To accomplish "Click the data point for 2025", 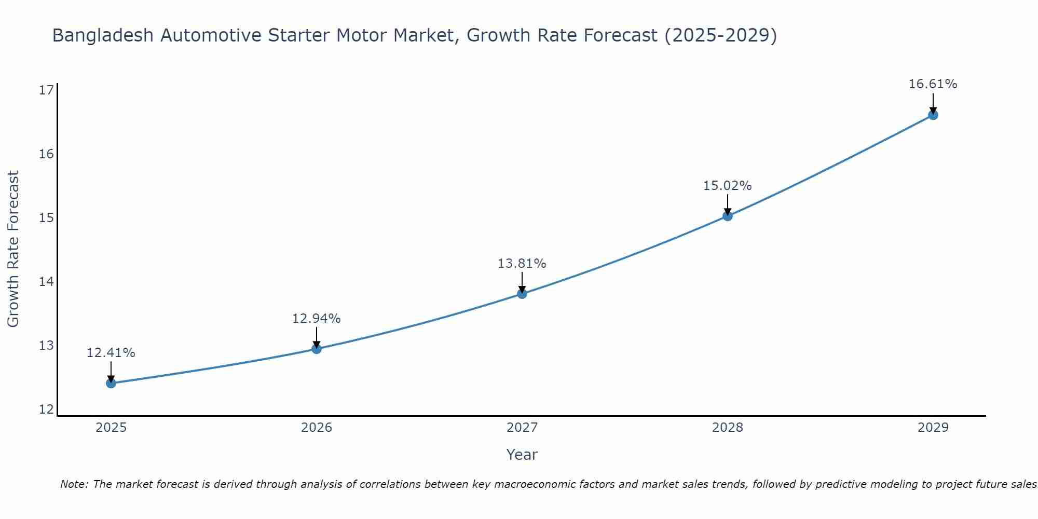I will [x=111, y=384].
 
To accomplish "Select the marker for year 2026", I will [x=317, y=349].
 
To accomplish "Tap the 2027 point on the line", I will [x=522, y=294].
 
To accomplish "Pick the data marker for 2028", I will [x=728, y=216].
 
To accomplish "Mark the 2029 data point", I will [x=933, y=115].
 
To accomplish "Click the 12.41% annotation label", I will [x=111, y=353].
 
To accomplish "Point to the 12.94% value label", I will [x=316, y=319].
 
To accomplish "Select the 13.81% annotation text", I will [x=522, y=264].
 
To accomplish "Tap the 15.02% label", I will [x=727, y=186].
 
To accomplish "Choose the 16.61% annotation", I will [x=933, y=84].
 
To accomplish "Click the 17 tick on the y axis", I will [x=47, y=90].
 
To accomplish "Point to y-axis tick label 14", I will [x=47, y=282].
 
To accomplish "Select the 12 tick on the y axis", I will [x=47, y=409].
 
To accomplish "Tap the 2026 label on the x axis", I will [x=317, y=428].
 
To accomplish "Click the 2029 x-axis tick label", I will [x=933, y=428].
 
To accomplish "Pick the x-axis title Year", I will [x=522, y=455].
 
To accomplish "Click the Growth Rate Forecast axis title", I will [x=13, y=249].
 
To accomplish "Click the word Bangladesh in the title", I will [x=103, y=35].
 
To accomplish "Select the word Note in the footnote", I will [x=74, y=484].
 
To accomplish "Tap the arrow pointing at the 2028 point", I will [x=728, y=204].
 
